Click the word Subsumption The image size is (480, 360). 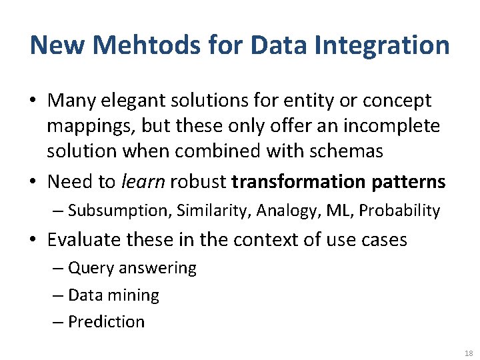pyautogui.click(x=120, y=211)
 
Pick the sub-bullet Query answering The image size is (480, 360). pyautogui.click(x=132, y=268)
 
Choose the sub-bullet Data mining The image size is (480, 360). pyautogui.click(x=113, y=295)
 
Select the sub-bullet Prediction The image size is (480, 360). pyautogui.click(x=106, y=321)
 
